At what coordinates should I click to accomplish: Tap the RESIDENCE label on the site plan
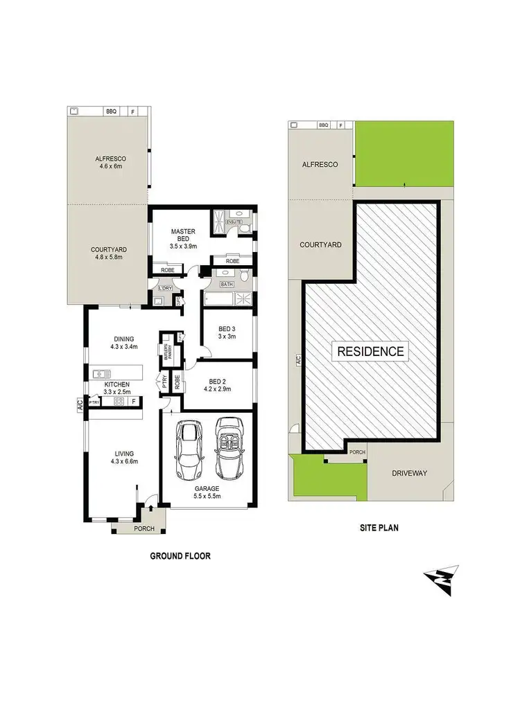(x=370, y=351)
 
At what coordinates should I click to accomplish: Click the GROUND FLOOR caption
(x=180, y=555)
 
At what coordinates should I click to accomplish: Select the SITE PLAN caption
(x=378, y=527)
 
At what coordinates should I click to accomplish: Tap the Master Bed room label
(x=183, y=235)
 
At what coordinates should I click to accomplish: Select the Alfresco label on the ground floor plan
(x=110, y=159)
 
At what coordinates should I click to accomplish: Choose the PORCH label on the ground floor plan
(x=144, y=528)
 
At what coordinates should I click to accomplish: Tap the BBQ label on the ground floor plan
(x=110, y=111)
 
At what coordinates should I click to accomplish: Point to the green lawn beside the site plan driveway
(x=328, y=477)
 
